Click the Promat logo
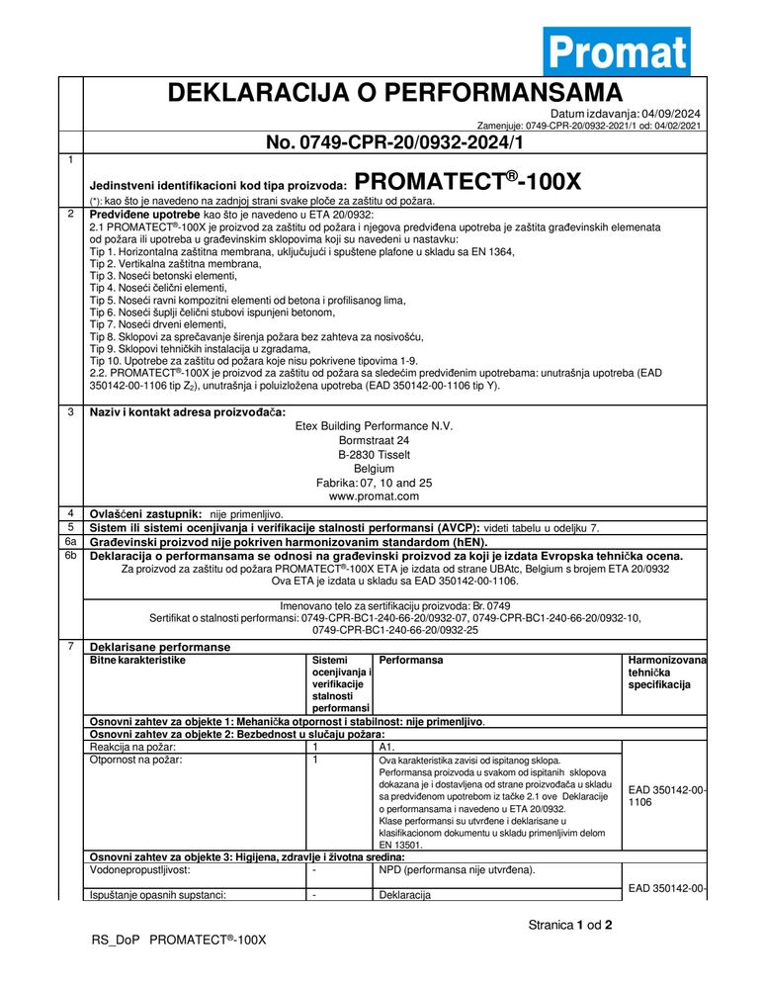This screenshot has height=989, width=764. tap(616, 51)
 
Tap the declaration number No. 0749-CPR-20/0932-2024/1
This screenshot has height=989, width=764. tap(392, 142)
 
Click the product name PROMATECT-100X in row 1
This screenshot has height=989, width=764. tap(467, 181)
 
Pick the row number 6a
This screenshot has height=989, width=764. tap(70, 542)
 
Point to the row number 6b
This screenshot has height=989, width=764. tap(70, 556)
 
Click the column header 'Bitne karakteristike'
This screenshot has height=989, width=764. tap(137, 659)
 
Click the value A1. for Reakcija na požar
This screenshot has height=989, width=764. tap(387, 747)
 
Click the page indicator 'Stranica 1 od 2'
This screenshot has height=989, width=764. tap(570, 927)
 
